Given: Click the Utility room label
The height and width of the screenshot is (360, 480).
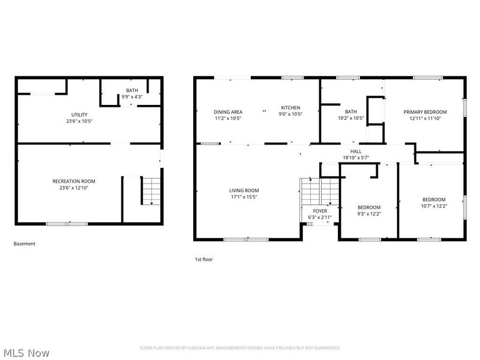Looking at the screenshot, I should pyautogui.click(x=79, y=115).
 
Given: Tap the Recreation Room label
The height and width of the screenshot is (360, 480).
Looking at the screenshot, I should pyautogui.click(x=74, y=181).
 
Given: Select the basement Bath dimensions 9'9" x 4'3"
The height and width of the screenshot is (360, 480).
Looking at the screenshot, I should pyautogui.click(x=131, y=97).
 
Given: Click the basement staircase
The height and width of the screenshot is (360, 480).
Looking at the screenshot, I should pyautogui.click(x=151, y=190).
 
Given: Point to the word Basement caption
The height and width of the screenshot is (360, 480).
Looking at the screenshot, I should pyautogui.click(x=25, y=244).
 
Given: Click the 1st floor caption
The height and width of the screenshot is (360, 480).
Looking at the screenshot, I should pyautogui.click(x=203, y=259).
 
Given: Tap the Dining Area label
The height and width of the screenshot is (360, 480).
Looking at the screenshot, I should pyautogui.click(x=228, y=112).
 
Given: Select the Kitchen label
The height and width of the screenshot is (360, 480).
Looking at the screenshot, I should pyautogui.click(x=290, y=108).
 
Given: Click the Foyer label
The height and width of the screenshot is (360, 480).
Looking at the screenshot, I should pyautogui.click(x=320, y=211).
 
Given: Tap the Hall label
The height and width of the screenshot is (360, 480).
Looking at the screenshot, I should pyautogui.click(x=356, y=151).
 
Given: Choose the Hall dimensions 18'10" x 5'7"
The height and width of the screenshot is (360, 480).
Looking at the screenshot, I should pyautogui.click(x=356, y=157).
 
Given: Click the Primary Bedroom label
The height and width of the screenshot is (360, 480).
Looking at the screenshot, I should pyautogui.click(x=425, y=112).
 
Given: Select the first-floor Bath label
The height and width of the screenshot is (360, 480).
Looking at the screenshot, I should pyautogui.click(x=350, y=112).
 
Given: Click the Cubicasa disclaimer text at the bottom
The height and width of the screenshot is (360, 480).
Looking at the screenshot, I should pyautogui.click(x=240, y=348).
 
